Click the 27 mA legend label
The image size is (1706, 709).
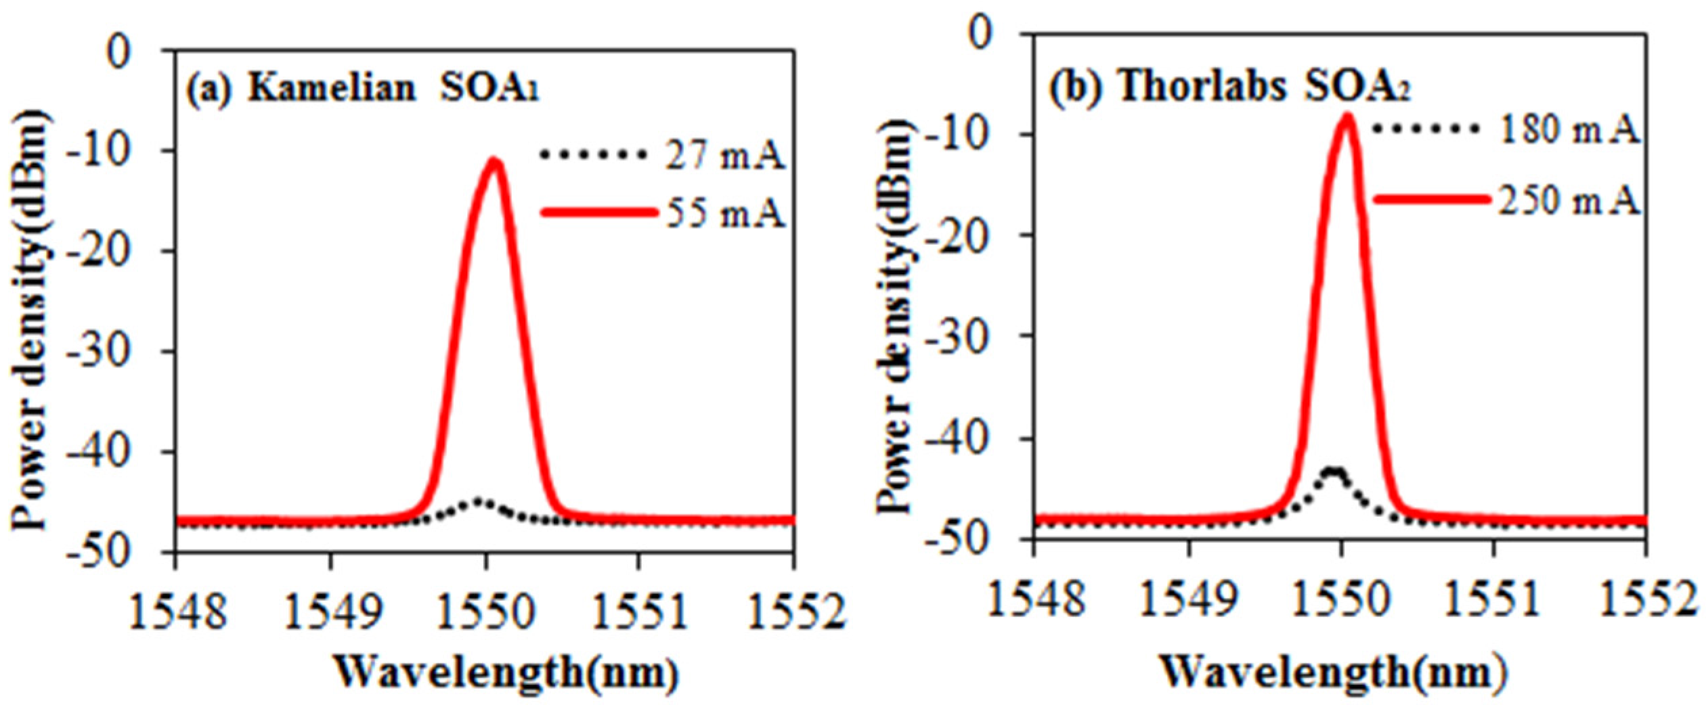pyautogui.click(x=724, y=157)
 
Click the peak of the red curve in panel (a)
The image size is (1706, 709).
pyautogui.click(x=495, y=162)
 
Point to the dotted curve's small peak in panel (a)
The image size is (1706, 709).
pyautogui.click(x=479, y=501)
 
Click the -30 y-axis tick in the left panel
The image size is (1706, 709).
pyautogui.click(x=119, y=351)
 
